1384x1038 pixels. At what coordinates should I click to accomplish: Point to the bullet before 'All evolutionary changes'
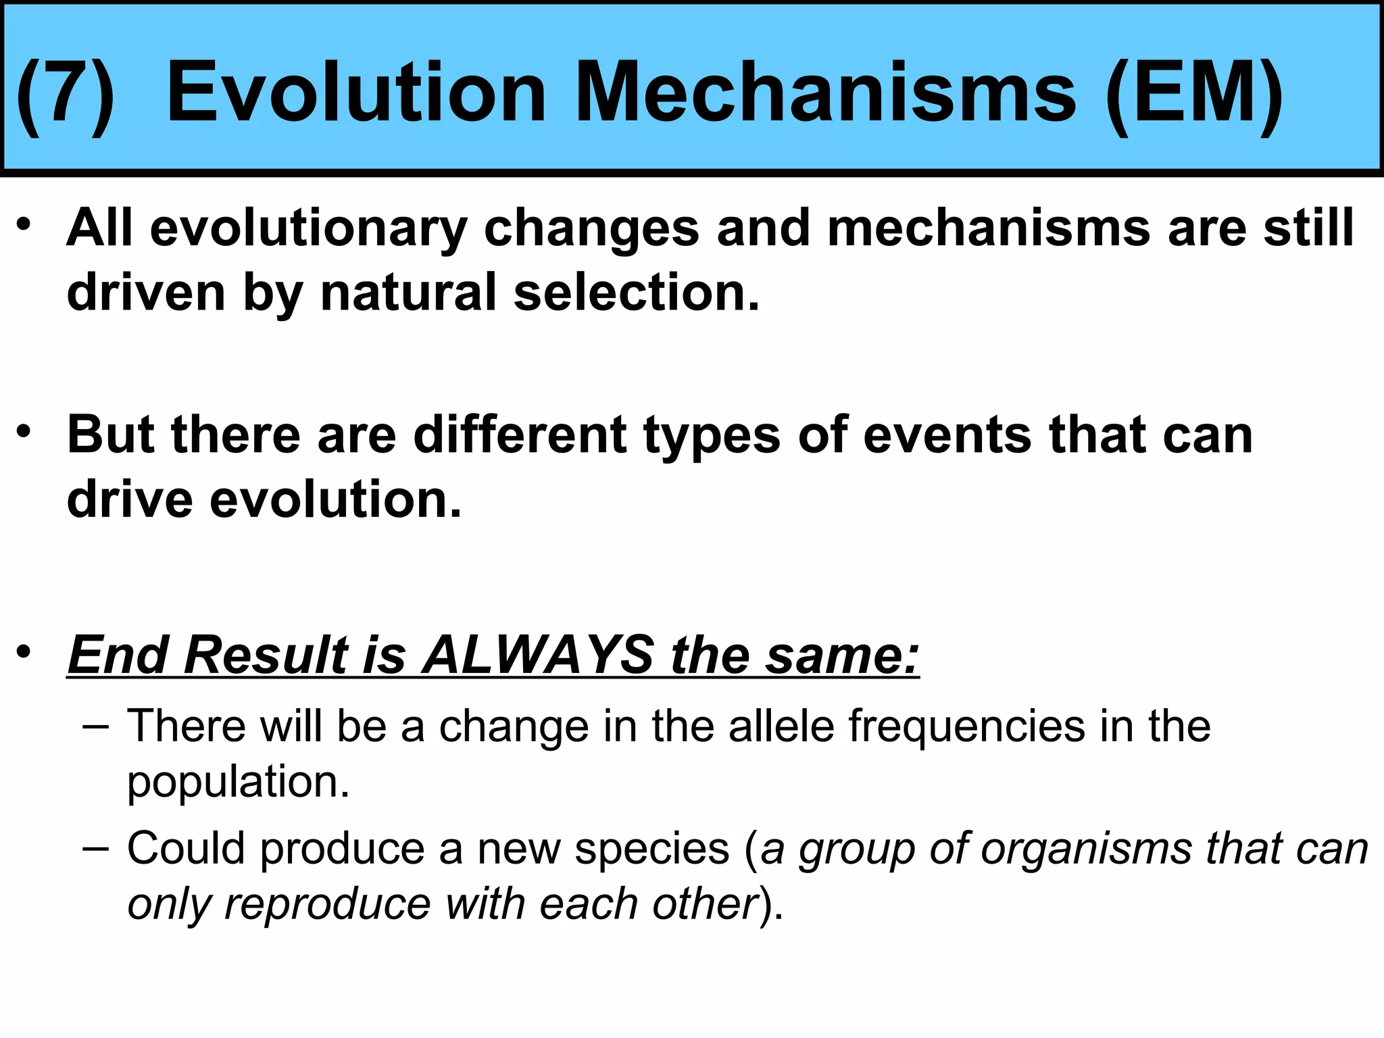(24, 224)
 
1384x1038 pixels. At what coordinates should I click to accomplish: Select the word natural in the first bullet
(408, 293)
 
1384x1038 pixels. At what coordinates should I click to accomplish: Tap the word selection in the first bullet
(636, 293)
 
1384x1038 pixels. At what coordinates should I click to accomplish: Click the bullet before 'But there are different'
(24, 431)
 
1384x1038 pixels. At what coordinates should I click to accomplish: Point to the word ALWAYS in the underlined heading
(537, 654)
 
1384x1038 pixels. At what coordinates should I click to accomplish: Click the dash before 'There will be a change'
(95, 727)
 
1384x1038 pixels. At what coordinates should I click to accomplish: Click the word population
(238, 782)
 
